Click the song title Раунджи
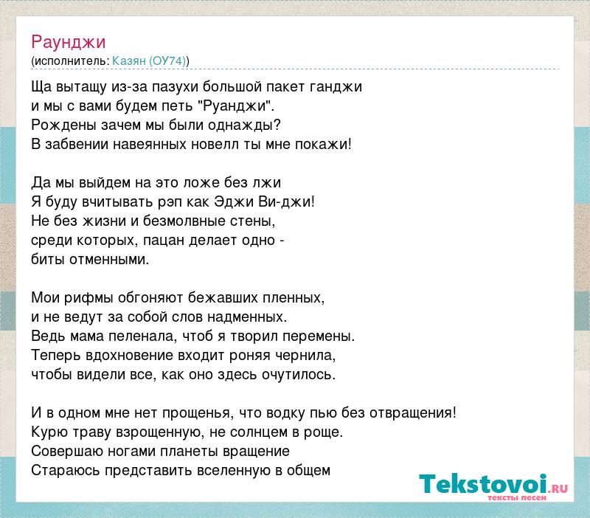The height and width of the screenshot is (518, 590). [x=68, y=42]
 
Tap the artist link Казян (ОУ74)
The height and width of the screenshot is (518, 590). [x=149, y=61]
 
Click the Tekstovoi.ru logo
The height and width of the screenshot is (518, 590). [x=493, y=487]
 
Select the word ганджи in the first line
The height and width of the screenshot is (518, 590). [x=336, y=87]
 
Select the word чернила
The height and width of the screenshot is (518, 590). [x=305, y=356]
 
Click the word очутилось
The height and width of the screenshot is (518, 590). [x=297, y=375]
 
